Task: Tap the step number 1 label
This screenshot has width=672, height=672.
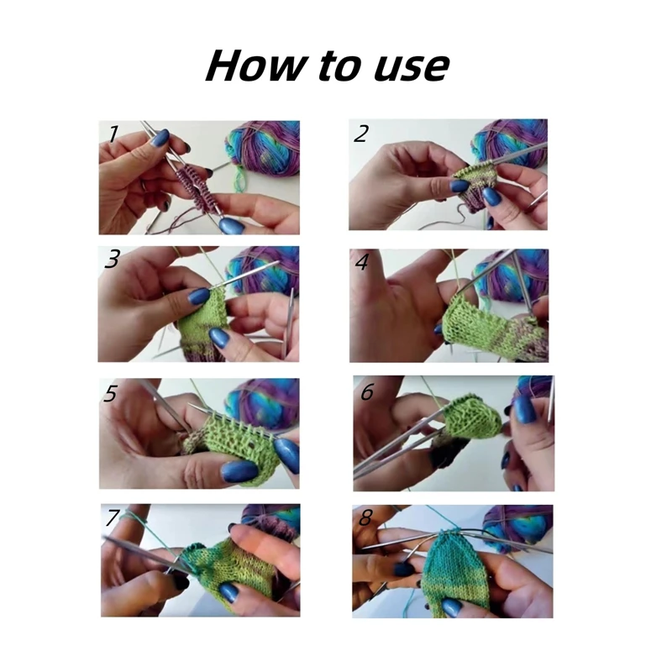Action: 113,133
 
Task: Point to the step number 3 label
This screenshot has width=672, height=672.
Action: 112,260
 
